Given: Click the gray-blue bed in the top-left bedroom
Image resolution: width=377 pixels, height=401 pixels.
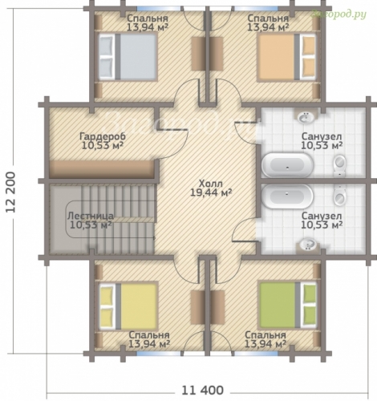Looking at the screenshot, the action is (x=128, y=56).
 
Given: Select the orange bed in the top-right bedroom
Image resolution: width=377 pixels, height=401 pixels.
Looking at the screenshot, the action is (x=287, y=57).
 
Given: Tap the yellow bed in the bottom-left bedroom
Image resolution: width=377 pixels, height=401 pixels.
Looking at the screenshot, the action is (x=128, y=306).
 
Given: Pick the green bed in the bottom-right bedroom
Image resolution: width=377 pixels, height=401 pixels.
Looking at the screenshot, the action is (x=288, y=306).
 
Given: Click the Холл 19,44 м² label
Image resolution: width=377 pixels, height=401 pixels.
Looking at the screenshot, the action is (x=210, y=188).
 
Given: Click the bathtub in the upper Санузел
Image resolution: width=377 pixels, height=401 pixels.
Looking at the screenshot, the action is (x=288, y=165).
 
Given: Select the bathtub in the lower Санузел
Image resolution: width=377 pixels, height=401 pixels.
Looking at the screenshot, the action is (x=287, y=196).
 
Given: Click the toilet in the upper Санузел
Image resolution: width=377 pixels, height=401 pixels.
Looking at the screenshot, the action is (x=340, y=165).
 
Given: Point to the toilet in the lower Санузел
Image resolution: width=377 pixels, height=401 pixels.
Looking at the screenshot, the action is (x=340, y=196).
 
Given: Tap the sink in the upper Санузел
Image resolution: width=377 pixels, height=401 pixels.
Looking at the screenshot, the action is (x=306, y=116).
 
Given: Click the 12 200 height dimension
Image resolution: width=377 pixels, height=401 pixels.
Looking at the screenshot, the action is (x=10, y=192).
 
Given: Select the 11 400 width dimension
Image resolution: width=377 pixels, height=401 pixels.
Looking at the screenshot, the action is (x=202, y=390).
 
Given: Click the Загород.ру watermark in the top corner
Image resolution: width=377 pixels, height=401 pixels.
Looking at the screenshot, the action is (x=338, y=14).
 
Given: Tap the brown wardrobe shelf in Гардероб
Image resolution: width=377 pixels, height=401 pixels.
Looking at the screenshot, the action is (x=102, y=169).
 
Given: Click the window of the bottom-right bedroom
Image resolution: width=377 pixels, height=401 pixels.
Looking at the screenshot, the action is (x=256, y=354).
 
